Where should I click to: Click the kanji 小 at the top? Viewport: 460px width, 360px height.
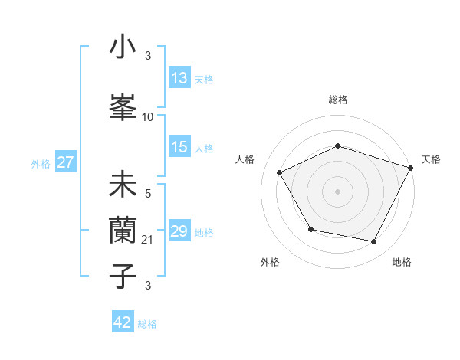click(x=123, y=47)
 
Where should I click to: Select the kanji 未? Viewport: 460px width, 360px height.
click(x=123, y=185)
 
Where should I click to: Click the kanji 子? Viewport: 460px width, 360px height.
click(x=123, y=275)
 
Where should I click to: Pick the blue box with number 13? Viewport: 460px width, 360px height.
click(x=179, y=78)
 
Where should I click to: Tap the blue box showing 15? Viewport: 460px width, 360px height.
click(x=179, y=147)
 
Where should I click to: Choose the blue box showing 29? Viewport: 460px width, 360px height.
click(x=179, y=231)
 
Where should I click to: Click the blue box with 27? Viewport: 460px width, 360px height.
click(x=65, y=162)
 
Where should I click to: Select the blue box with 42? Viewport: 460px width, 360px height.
click(x=123, y=322)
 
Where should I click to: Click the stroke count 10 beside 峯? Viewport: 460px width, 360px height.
click(x=148, y=117)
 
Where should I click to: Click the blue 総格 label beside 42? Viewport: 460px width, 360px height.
click(x=147, y=324)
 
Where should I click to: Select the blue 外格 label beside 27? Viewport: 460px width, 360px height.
click(x=41, y=164)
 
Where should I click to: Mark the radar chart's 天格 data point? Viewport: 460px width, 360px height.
click(x=411, y=167)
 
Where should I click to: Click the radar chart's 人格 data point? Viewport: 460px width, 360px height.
click(x=280, y=173)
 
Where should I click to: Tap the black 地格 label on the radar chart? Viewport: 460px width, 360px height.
click(x=402, y=263)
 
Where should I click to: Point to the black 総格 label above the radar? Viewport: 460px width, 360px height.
click(x=338, y=100)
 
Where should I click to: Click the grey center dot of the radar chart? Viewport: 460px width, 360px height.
click(x=338, y=191)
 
